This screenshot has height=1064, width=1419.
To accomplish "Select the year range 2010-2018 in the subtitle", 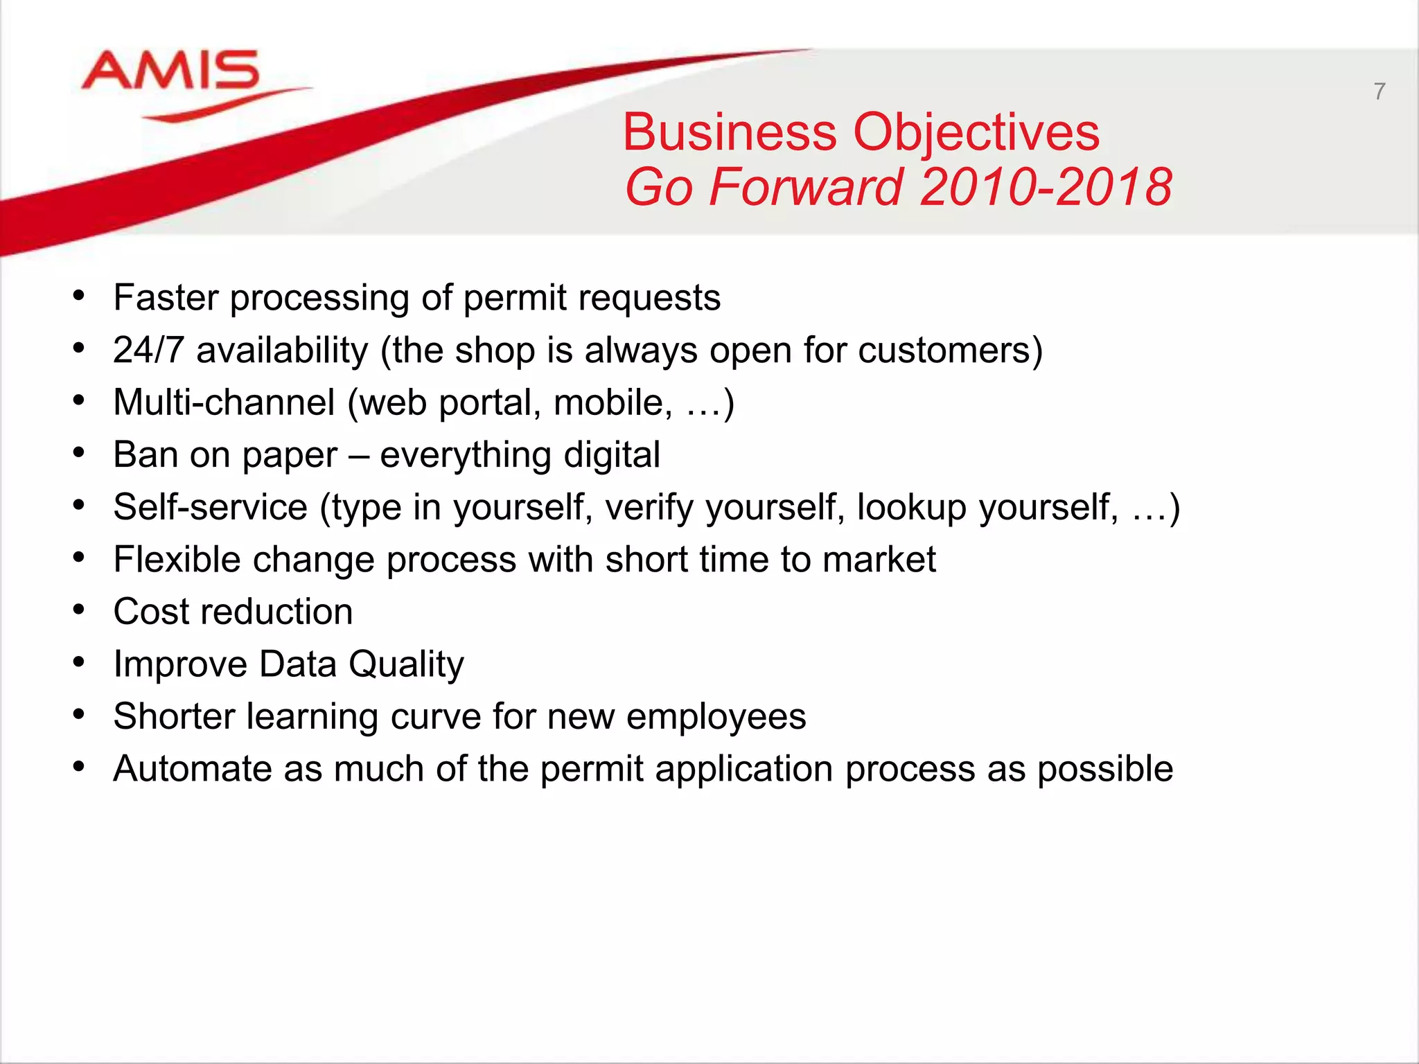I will (x=1046, y=188).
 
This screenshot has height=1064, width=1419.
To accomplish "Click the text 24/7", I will (x=148, y=351).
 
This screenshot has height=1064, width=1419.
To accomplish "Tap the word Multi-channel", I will (x=224, y=402).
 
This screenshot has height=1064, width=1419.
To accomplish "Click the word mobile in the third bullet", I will (x=612, y=402).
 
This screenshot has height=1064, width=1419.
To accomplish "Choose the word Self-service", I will (x=210, y=507).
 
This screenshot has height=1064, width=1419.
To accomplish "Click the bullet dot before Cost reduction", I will (x=79, y=611).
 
